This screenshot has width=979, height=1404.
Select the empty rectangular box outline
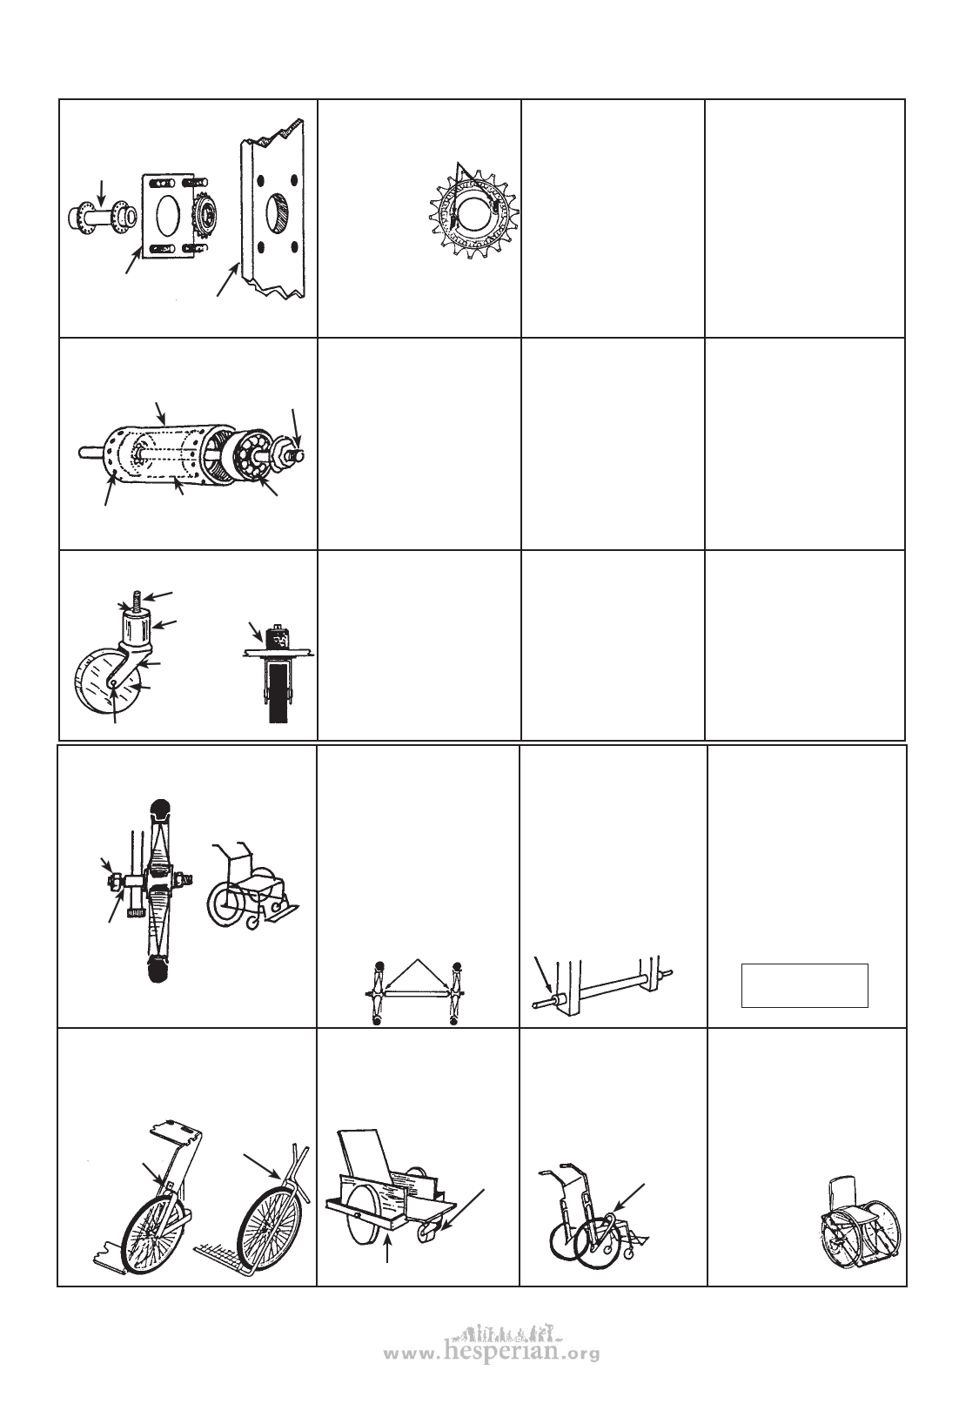[x=805, y=985]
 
